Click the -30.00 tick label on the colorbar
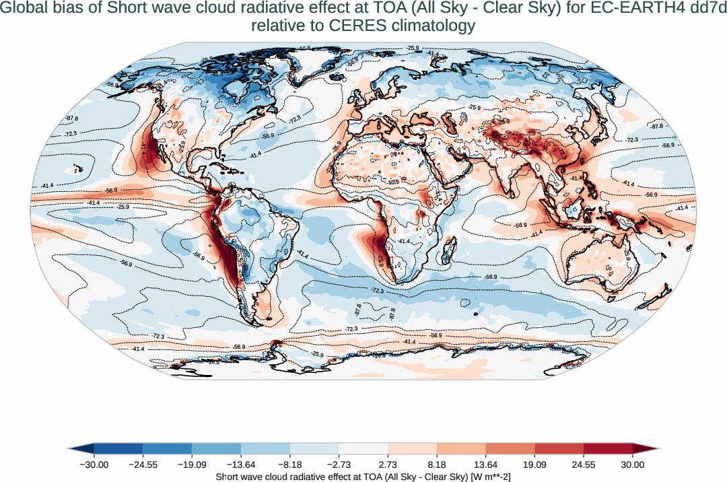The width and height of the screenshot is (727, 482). pyautogui.click(x=94, y=464)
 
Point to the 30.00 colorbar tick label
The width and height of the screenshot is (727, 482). pyautogui.click(x=633, y=464)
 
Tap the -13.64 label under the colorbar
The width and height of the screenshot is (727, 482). pyautogui.click(x=241, y=464)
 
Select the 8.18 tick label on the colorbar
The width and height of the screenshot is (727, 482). pyautogui.click(x=437, y=464)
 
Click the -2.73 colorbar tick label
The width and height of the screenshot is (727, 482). pyautogui.click(x=339, y=464)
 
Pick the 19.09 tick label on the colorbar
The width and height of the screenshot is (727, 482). pyautogui.click(x=534, y=464)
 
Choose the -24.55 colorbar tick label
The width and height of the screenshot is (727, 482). pyautogui.click(x=143, y=464)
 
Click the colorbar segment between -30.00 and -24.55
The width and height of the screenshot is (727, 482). pyautogui.click(x=118, y=448)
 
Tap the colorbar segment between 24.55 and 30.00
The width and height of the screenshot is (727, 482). pyautogui.click(x=608, y=448)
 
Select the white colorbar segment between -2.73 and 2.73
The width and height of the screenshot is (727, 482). pyautogui.click(x=363, y=448)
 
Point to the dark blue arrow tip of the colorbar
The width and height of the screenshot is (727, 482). pyautogui.click(x=81, y=448)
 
